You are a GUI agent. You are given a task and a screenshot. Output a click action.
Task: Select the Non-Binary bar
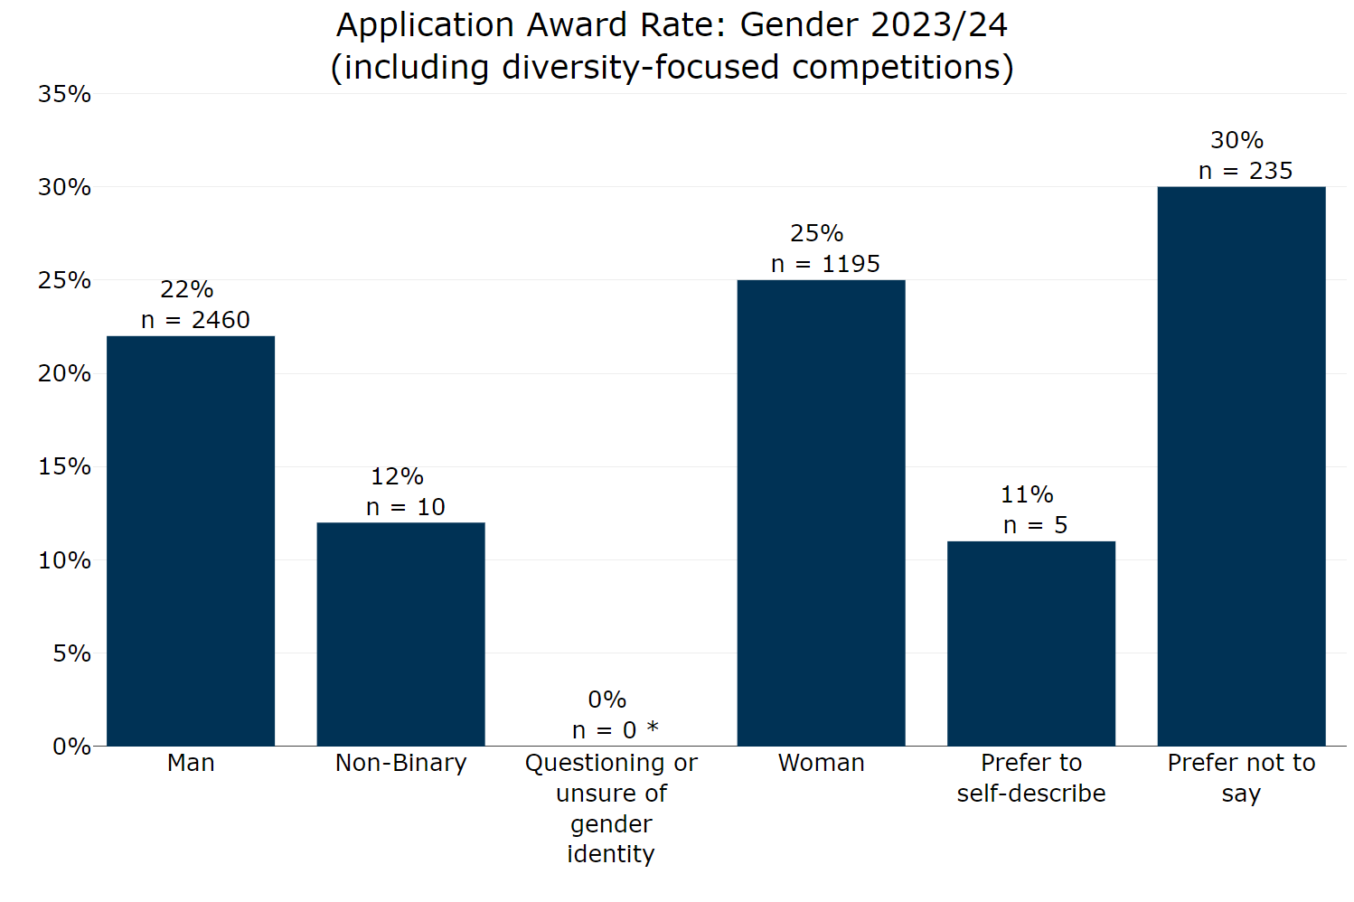[400, 634]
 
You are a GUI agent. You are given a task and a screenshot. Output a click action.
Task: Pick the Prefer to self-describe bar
[1031, 644]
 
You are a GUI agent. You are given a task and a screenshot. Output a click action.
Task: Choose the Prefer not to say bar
[1241, 465]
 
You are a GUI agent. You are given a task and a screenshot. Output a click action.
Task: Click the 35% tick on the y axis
[64, 94]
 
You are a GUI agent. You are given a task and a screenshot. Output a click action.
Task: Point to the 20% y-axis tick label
[64, 373]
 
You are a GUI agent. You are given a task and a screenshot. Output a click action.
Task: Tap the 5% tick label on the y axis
[71, 653]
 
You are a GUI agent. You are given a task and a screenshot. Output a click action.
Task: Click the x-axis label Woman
[821, 763]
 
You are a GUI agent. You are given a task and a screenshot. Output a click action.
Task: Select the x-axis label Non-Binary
[400, 763]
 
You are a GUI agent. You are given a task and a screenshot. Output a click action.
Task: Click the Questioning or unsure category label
[611, 808]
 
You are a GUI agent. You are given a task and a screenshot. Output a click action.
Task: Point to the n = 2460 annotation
[195, 320]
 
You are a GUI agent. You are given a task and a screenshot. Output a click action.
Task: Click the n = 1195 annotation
[825, 264]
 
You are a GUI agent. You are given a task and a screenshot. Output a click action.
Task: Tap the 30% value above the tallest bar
[1236, 140]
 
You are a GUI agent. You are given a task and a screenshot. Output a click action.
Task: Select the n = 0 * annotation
[616, 730]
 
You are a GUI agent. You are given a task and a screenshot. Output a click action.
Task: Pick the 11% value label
[1027, 494]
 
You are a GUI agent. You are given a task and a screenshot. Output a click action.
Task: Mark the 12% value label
[397, 476]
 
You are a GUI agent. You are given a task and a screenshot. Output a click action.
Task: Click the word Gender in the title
[799, 25]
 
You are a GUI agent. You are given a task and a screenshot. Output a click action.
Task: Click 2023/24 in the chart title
[939, 25]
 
